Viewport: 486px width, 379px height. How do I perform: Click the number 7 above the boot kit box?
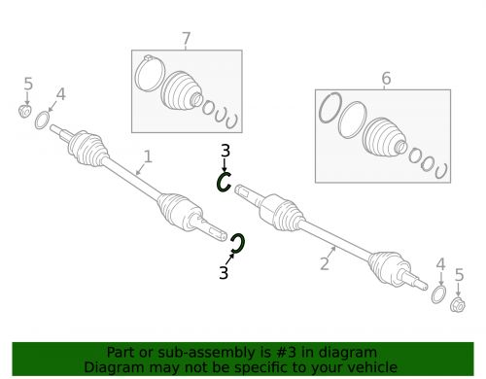click(187, 39)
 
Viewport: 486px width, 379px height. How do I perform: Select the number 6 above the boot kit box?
click(386, 78)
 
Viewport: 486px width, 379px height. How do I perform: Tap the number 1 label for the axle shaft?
click(148, 155)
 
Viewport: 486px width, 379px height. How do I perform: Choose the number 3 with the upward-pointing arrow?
click(224, 273)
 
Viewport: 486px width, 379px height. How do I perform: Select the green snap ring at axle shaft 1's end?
click(237, 244)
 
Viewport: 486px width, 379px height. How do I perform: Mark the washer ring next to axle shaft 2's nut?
click(439, 293)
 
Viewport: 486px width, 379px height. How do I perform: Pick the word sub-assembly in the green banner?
click(200, 352)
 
